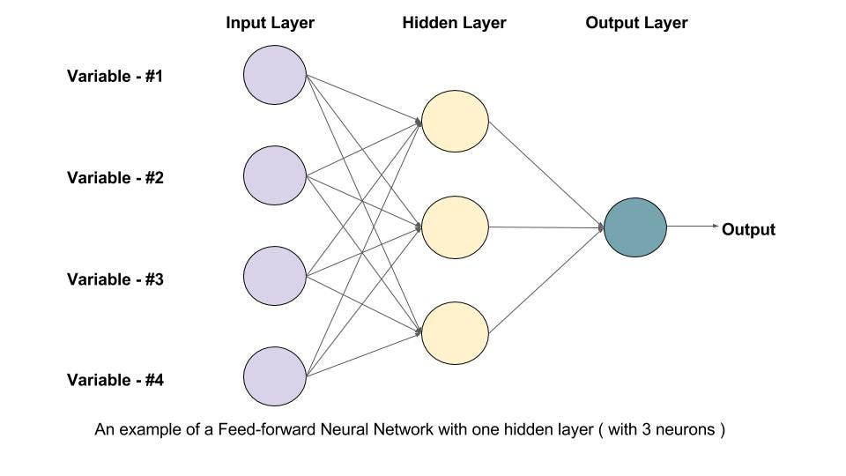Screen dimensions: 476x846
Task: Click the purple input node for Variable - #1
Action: [x=274, y=76]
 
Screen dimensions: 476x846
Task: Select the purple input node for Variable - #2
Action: [x=274, y=177]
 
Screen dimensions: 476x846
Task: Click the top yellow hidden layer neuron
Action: [x=455, y=121]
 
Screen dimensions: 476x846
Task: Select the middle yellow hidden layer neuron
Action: [x=455, y=227]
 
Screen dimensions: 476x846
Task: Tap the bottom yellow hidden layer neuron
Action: [x=455, y=334]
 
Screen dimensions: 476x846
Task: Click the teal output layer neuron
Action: [x=635, y=227]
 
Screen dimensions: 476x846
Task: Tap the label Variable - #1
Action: [x=115, y=77]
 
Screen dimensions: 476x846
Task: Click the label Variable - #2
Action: [x=115, y=178]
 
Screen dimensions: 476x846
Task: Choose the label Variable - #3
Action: [x=115, y=279]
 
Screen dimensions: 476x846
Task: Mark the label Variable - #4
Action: [x=115, y=381]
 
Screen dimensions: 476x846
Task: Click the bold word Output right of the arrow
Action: [x=748, y=230]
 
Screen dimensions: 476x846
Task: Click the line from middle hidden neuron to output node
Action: [x=546, y=227]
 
